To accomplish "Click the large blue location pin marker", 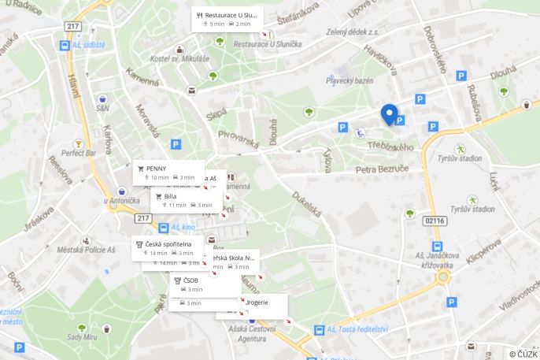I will pyautogui.click(x=389, y=114).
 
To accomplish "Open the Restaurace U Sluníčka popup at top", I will pyautogui.click(x=227, y=19).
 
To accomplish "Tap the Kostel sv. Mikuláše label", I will pyautogui.click(x=180, y=58).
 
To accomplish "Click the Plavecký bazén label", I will pyautogui.click(x=350, y=80).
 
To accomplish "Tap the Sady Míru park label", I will pyautogui.click(x=81, y=337).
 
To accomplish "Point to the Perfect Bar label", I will pyautogui.click(x=79, y=153).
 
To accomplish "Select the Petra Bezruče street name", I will pyautogui.click(x=382, y=169).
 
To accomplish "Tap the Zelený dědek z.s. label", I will pyautogui.click(x=353, y=32).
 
